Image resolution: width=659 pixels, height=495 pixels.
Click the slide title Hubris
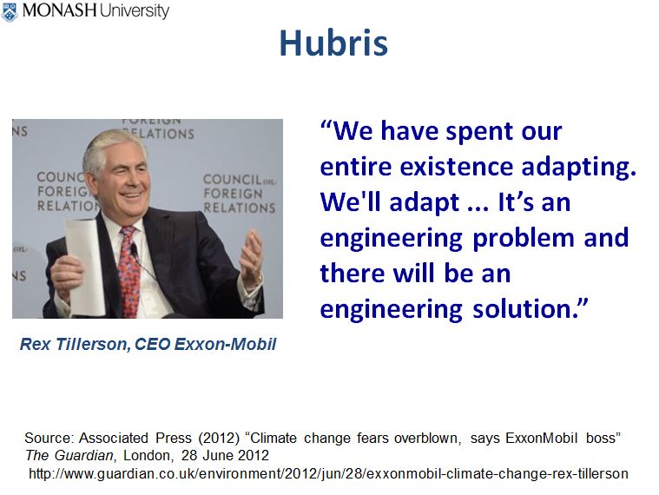click(x=333, y=43)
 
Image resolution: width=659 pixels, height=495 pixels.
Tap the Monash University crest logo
click(x=10, y=12)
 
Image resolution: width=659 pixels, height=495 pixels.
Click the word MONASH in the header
click(x=59, y=10)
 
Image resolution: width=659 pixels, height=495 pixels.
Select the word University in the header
click(x=134, y=11)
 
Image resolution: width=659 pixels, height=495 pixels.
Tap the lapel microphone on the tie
click(x=134, y=252)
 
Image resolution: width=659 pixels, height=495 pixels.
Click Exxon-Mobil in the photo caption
click(x=225, y=344)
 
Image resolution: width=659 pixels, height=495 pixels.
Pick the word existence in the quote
click(x=457, y=167)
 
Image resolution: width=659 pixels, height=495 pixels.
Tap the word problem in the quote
click(x=524, y=239)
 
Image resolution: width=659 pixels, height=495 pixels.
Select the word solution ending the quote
click(x=525, y=309)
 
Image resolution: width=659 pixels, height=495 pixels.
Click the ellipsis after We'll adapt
click(x=478, y=208)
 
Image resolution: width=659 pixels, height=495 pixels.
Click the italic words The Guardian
click(x=69, y=456)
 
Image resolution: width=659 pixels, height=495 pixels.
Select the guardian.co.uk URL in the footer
click(x=328, y=474)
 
